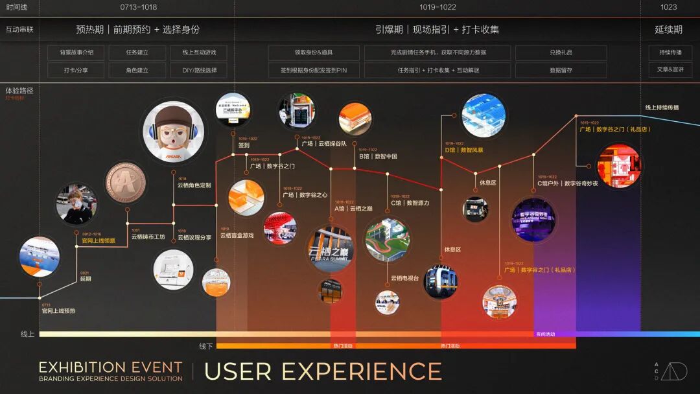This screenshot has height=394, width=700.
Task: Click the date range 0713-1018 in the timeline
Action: (139, 7)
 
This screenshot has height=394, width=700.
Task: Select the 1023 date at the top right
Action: (668, 7)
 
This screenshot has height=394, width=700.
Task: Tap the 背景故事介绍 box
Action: (76, 52)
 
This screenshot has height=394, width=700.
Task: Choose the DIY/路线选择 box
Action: (199, 70)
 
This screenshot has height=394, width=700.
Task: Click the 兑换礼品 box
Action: (561, 52)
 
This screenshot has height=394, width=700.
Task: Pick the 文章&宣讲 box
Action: (670, 70)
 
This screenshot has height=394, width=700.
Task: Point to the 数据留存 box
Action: (561, 70)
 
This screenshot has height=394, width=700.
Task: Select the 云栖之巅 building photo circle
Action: (331, 249)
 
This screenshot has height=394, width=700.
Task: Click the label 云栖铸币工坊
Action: (148, 237)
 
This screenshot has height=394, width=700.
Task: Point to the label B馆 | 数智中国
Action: (378, 156)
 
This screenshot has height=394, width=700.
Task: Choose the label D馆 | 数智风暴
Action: (463, 150)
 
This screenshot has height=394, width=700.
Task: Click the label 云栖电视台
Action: (404, 278)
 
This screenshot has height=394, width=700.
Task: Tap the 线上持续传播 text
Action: (662, 108)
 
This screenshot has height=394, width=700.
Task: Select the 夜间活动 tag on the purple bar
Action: (545, 334)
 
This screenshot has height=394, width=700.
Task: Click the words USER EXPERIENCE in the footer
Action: (323, 371)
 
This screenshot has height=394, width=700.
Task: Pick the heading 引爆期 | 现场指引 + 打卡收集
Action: (437, 30)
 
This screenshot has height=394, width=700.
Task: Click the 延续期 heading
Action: (668, 30)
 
